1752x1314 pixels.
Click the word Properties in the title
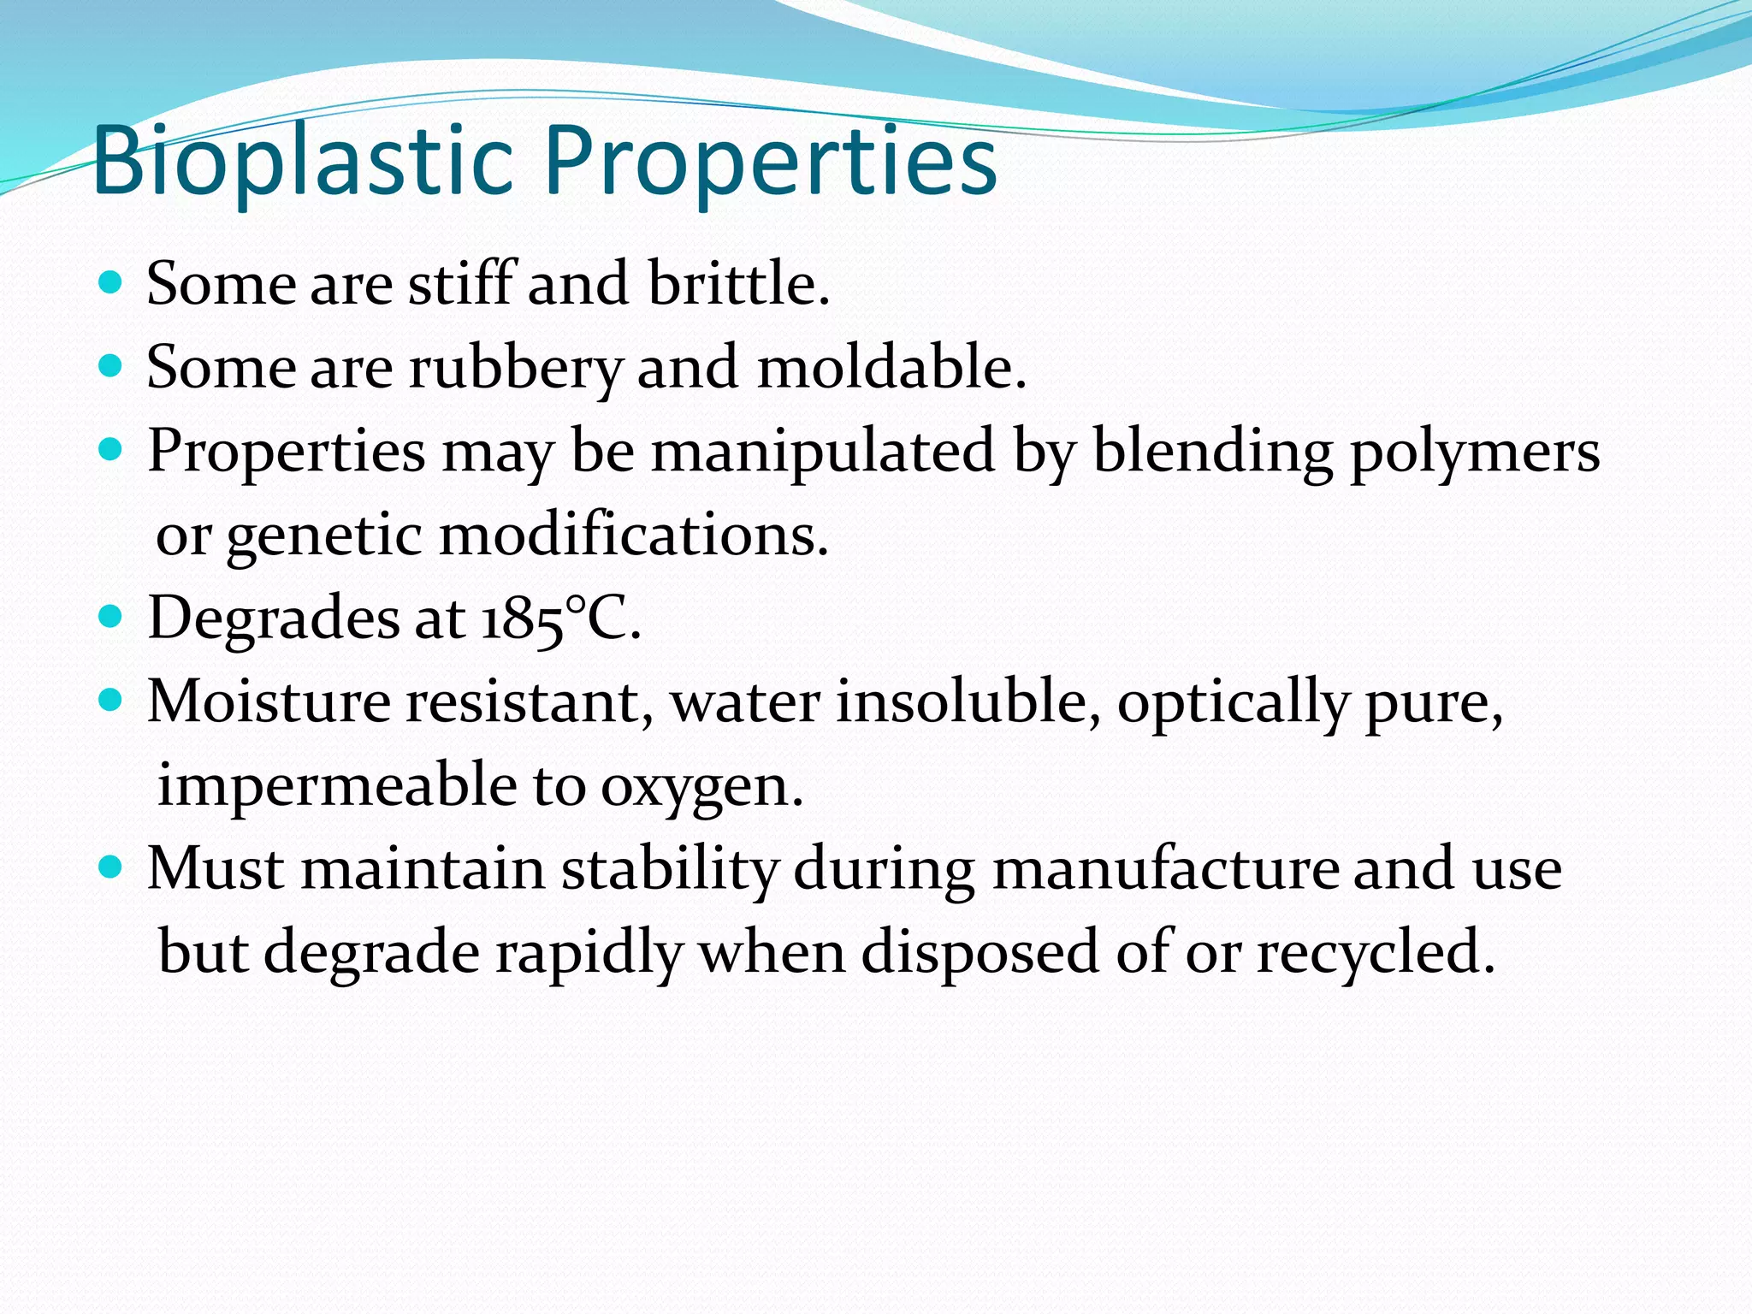[x=771, y=162]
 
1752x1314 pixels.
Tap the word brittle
[x=739, y=283]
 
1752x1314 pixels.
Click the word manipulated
[x=823, y=451]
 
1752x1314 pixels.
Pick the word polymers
[x=1475, y=451]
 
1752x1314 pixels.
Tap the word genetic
[x=325, y=536]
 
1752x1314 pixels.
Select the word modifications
[x=634, y=536]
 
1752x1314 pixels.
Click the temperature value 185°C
[x=561, y=618]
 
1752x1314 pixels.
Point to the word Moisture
[x=269, y=701]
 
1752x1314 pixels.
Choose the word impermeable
[x=337, y=784]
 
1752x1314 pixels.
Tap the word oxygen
[x=701, y=786]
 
